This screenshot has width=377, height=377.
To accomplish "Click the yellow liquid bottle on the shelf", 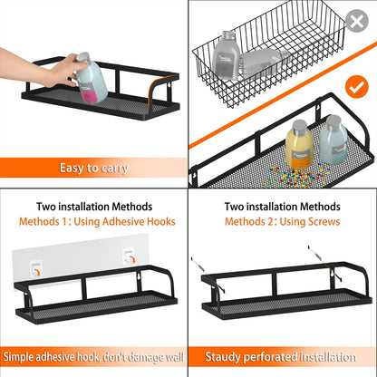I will (298, 144).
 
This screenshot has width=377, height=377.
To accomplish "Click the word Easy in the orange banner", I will (72, 168).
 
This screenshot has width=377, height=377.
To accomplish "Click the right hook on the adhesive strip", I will (130, 261).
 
